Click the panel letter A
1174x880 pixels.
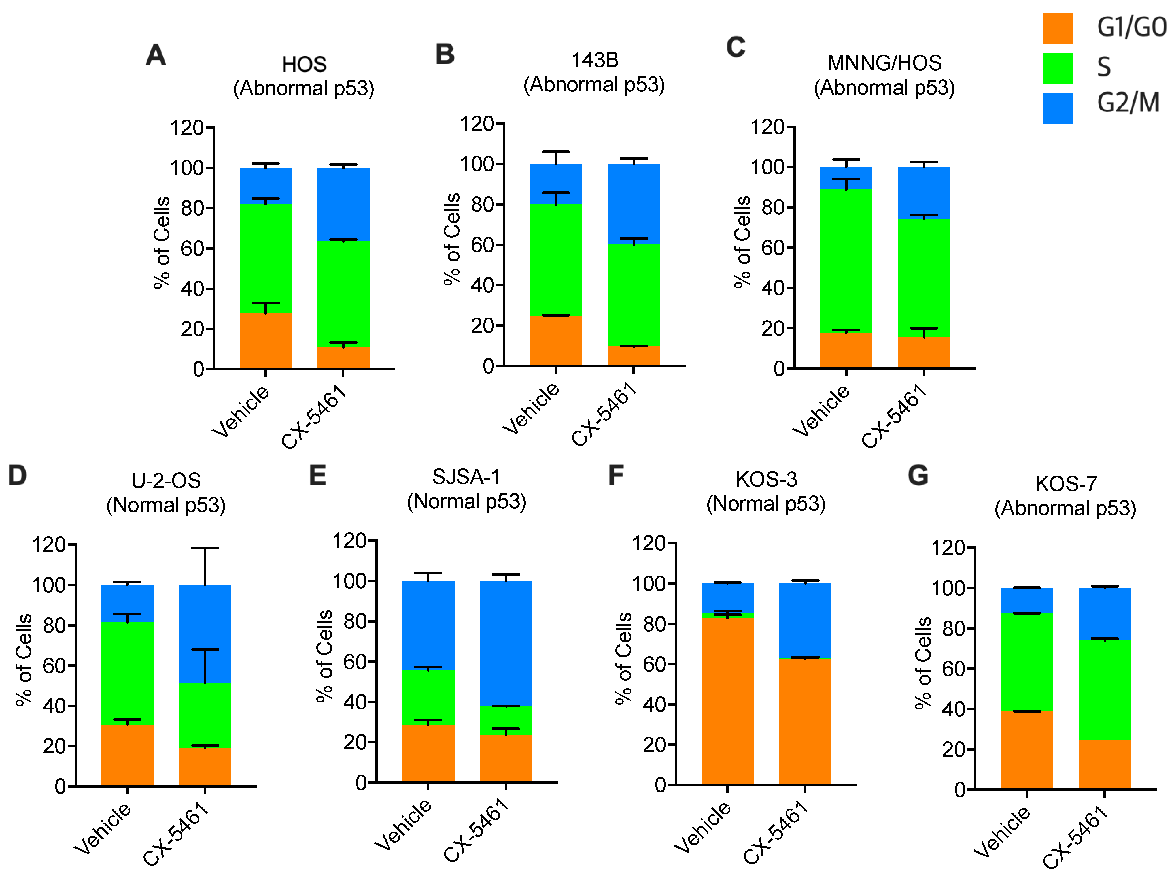156,55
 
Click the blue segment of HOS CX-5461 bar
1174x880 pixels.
343,204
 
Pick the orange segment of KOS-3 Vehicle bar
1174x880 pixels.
727,700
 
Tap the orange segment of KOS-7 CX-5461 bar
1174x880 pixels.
1105,764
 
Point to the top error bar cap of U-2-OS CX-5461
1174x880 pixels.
205,548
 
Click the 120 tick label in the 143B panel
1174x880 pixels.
477,124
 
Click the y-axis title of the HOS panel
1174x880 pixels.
161,243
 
